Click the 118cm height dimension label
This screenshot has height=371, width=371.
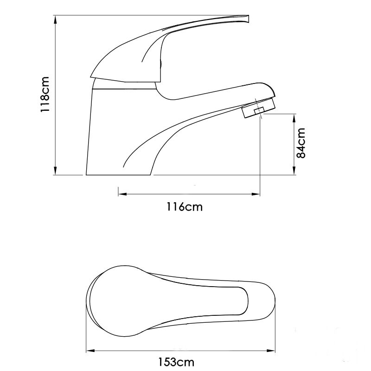[45, 95]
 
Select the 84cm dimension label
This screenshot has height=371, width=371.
[301, 143]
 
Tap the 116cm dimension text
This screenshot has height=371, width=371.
[185, 207]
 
